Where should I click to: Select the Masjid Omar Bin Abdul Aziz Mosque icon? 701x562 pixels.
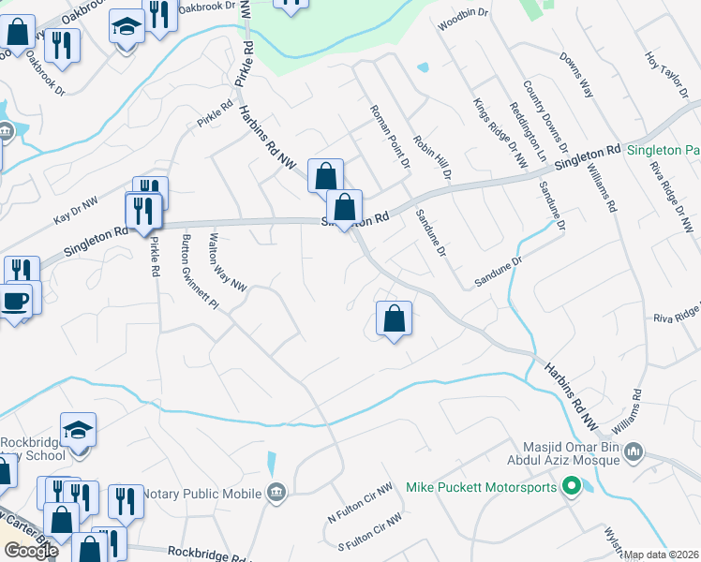coord(634,453)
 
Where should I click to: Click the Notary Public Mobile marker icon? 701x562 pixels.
coord(276,492)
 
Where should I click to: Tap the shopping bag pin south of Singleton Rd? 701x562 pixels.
coord(395,319)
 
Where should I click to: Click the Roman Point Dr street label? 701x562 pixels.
coord(390,136)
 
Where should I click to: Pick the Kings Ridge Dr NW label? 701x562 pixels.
coord(500,132)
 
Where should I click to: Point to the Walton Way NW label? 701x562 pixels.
coord(230,262)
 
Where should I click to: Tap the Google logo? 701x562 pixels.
coord(31,551)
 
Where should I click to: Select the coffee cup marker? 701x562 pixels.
coord(16,302)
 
